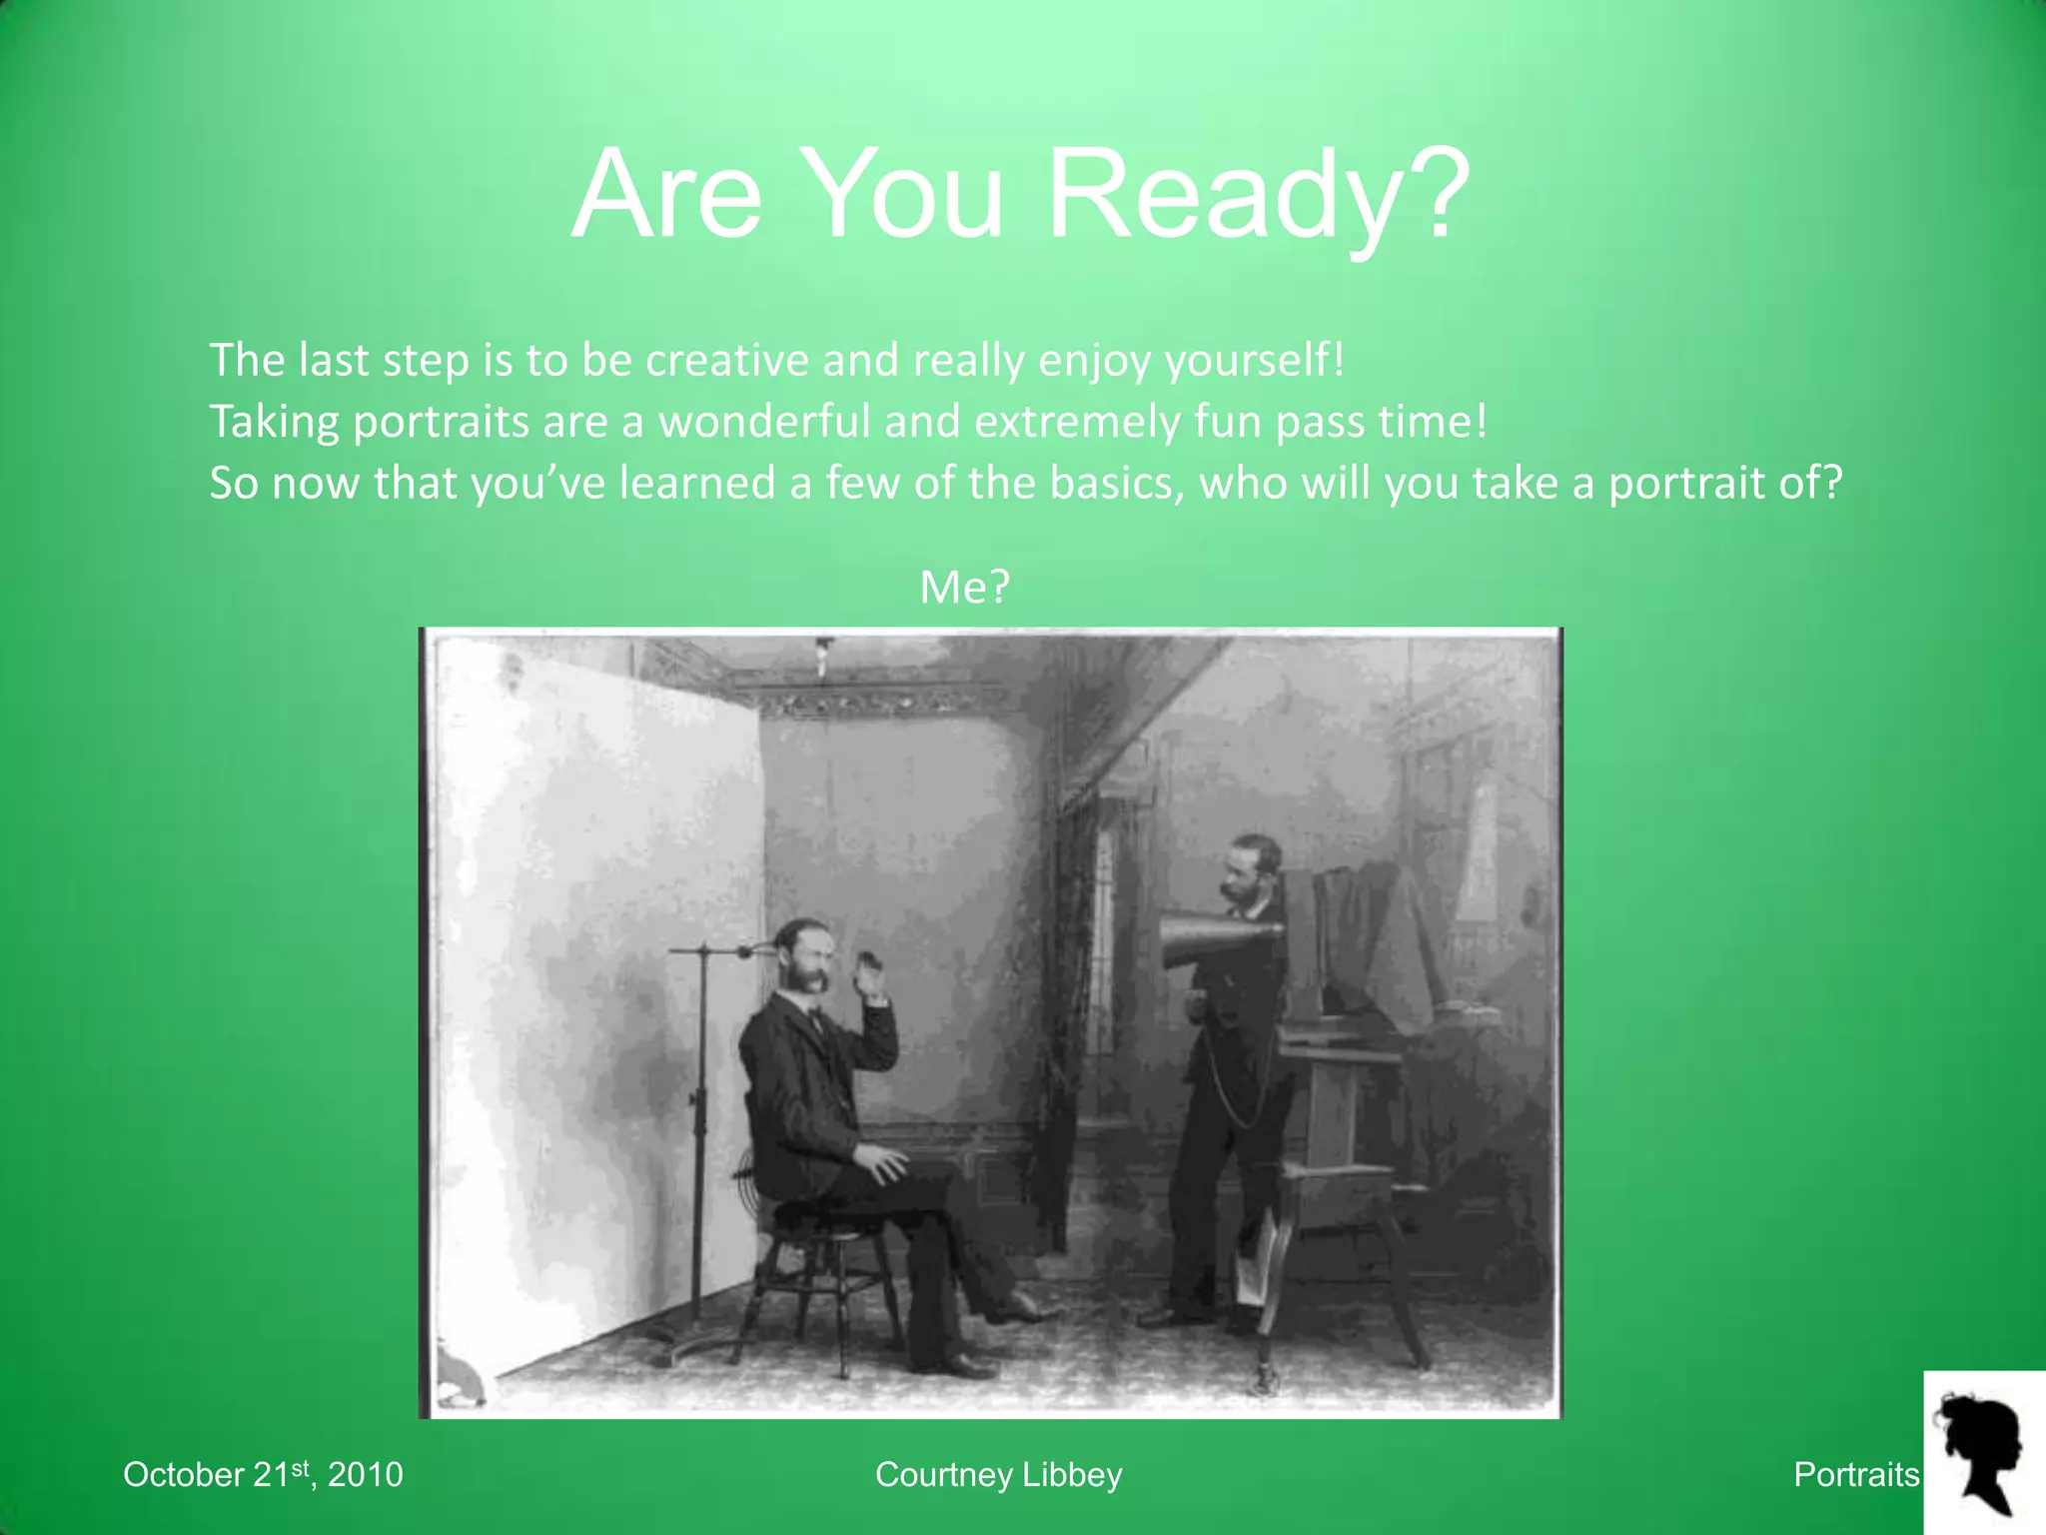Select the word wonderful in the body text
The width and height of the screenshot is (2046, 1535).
pyautogui.click(x=764, y=422)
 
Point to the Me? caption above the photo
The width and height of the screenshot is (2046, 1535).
pyautogui.click(x=964, y=587)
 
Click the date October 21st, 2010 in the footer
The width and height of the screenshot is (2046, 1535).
pyautogui.click(x=263, y=1474)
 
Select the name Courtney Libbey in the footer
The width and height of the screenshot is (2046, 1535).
pyautogui.click(x=998, y=1474)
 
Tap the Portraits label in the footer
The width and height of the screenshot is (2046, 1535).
pyautogui.click(x=1856, y=1474)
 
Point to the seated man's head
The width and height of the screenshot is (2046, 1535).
pyautogui.click(x=805, y=954)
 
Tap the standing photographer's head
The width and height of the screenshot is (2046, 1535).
pyautogui.click(x=1250, y=871)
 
